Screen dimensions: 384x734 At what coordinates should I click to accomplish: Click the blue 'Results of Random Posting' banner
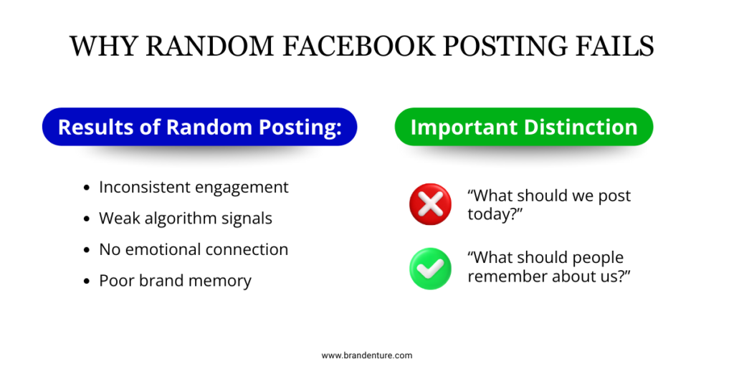[199, 127]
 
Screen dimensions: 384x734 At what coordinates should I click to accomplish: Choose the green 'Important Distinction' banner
[523, 127]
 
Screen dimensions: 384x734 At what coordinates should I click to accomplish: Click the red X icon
[430, 204]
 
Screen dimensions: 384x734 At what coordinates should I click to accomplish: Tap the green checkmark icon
[430, 268]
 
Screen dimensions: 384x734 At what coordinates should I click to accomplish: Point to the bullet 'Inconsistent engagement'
[194, 187]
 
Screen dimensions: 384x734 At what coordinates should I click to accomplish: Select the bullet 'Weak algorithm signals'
[186, 218]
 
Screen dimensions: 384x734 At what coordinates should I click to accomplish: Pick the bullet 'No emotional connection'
[194, 249]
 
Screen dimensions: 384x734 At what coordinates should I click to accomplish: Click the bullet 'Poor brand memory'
[175, 280]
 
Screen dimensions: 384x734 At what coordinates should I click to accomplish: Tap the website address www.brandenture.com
[367, 355]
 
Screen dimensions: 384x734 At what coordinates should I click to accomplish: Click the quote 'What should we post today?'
[549, 205]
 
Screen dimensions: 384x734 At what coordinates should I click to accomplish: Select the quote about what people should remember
[548, 267]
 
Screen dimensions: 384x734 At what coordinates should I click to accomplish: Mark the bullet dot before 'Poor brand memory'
[87, 281]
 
